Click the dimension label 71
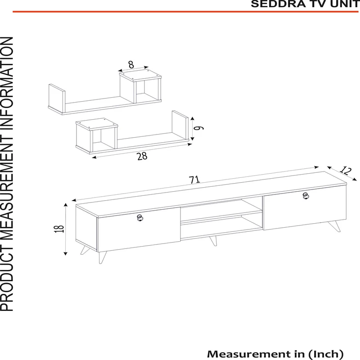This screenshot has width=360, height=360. pyautogui.click(x=194, y=180)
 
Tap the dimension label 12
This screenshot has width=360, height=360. pyautogui.click(x=346, y=171)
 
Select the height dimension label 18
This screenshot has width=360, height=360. pyautogui.click(x=59, y=229)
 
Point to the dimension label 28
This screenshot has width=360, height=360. pyautogui.click(x=142, y=156)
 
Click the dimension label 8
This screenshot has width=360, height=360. pyautogui.click(x=131, y=64)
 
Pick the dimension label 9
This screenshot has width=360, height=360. pyautogui.click(x=198, y=128)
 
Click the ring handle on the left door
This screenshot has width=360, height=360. pyautogui.click(x=140, y=218)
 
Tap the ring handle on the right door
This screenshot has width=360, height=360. pyautogui.click(x=306, y=196)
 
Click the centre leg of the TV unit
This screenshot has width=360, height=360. pyautogui.click(x=213, y=241)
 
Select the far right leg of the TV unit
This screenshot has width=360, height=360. pyautogui.click(x=335, y=227)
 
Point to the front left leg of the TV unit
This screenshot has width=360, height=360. pyautogui.click(x=102, y=257)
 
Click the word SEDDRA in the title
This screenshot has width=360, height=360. pyautogui.click(x=278, y=4)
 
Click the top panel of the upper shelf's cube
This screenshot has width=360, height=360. pyautogui.click(x=140, y=75)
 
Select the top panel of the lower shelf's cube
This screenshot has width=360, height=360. pyautogui.click(x=97, y=124)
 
